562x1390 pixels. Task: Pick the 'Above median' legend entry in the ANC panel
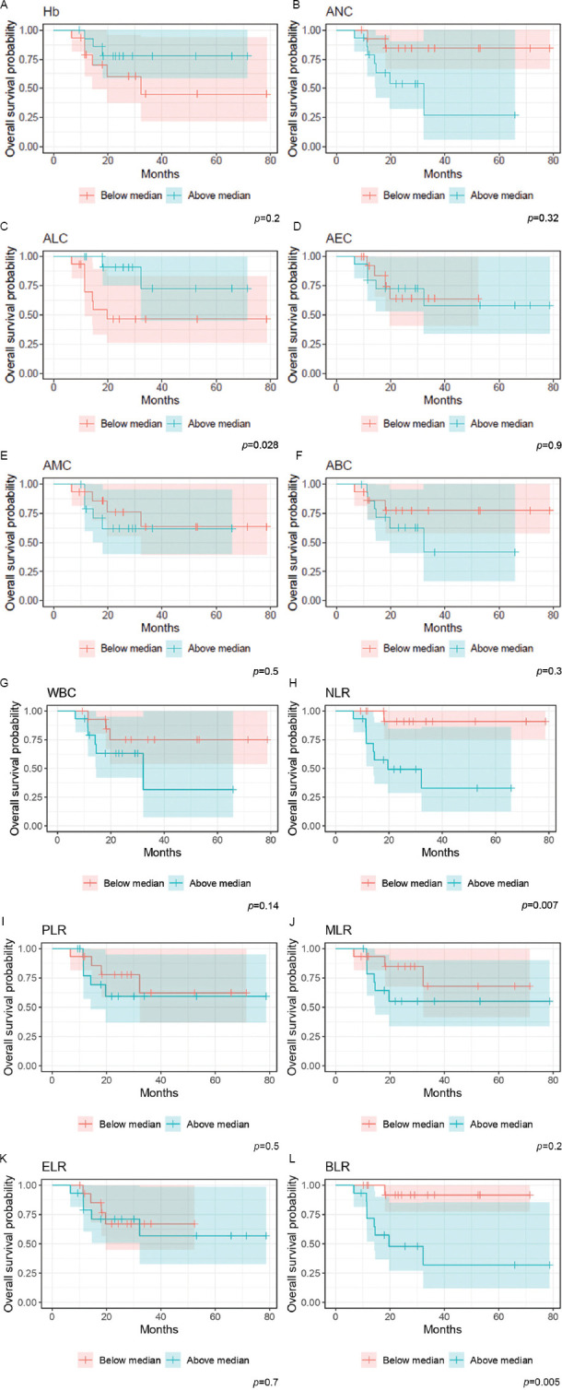pos(496,194)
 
